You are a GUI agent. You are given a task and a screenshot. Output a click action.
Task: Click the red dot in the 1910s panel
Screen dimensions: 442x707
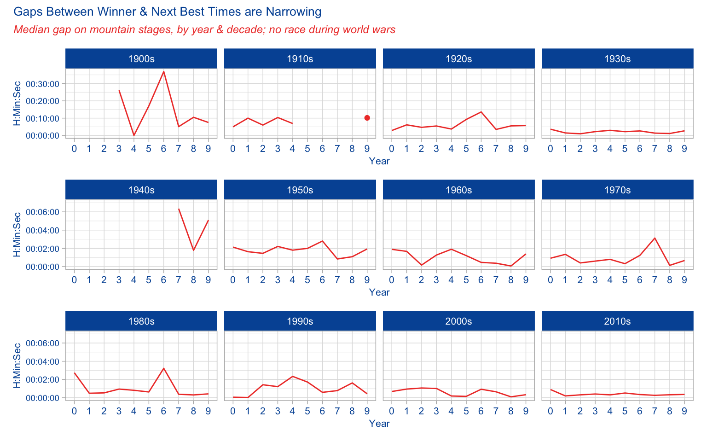(367, 118)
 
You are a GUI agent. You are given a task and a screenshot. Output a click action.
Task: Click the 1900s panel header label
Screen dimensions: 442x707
(141, 59)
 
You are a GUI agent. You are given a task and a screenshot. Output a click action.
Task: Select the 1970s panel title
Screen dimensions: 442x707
(617, 190)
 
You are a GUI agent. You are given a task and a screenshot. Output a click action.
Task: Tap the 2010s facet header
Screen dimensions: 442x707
(617, 321)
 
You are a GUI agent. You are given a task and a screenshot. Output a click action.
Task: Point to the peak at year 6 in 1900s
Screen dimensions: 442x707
(163, 71)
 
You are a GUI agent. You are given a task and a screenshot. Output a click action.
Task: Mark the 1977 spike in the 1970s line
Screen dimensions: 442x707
(655, 238)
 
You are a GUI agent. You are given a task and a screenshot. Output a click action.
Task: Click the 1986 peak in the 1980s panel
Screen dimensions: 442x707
(163, 368)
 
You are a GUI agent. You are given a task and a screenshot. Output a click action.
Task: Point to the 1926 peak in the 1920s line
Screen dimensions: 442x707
(481, 112)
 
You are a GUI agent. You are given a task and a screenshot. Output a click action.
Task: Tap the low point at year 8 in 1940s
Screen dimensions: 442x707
(193, 250)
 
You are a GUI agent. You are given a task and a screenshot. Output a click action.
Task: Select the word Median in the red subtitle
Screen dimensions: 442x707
(30, 30)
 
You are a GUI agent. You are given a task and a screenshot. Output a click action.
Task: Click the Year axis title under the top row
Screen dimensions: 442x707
(379, 161)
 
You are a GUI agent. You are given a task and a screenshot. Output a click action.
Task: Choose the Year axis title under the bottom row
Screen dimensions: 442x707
(379, 424)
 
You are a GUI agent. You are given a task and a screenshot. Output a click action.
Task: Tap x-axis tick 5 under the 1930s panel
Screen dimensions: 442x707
(625, 149)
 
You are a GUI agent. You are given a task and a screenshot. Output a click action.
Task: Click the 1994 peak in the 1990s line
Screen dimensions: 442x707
(292, 376)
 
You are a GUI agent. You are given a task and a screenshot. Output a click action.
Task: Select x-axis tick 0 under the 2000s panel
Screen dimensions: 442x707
(392, 411)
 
